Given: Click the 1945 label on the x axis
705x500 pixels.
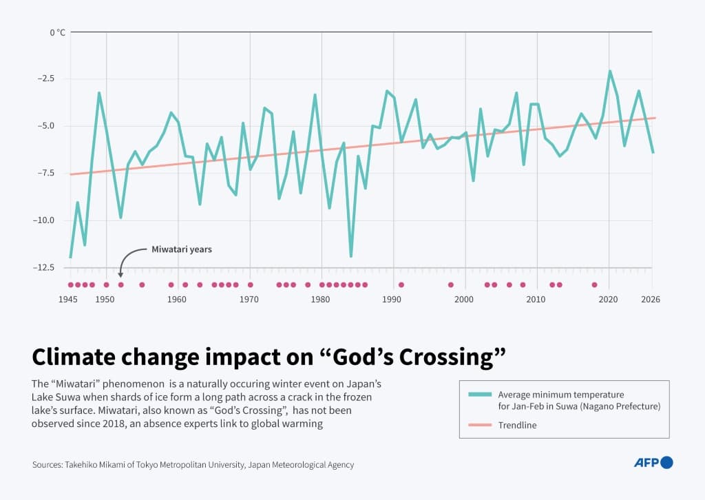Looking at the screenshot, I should (x=67, y=300).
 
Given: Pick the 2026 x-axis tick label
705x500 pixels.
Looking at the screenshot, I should (x=650, y=300).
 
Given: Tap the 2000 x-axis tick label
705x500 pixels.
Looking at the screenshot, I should (x=465, y=300).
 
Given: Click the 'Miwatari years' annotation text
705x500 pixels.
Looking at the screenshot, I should (x=182, y=249).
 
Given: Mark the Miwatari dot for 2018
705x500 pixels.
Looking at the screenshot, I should (x=594, y=284).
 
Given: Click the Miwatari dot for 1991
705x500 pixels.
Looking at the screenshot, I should (x=401, y=284).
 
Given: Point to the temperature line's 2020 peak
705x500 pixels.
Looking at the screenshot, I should (x=609, y=71).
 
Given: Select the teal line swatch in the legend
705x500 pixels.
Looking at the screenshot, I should (x=479, y=395).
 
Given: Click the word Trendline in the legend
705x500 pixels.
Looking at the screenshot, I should (x=518, y=425).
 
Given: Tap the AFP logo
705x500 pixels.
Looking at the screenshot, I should (x=653, y=463).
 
